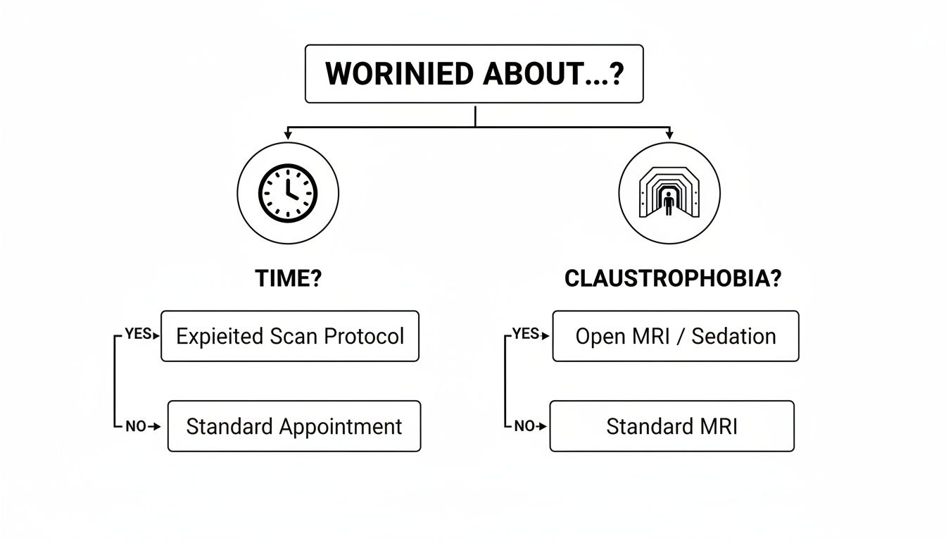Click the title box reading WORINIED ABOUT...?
474,74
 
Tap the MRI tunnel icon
669,192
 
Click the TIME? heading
288,279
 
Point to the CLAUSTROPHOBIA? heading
672,279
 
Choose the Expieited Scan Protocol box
290,336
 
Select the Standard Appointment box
294,426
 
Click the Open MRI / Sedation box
676,336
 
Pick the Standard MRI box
671,426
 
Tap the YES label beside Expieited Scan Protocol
138,334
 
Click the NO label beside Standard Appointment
135,426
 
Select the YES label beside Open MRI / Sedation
525,334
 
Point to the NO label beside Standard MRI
524,426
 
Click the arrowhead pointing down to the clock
288,134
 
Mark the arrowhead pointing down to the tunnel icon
669,134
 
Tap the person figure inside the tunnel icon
669,204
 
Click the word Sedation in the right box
733,336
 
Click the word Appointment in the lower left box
341,426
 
